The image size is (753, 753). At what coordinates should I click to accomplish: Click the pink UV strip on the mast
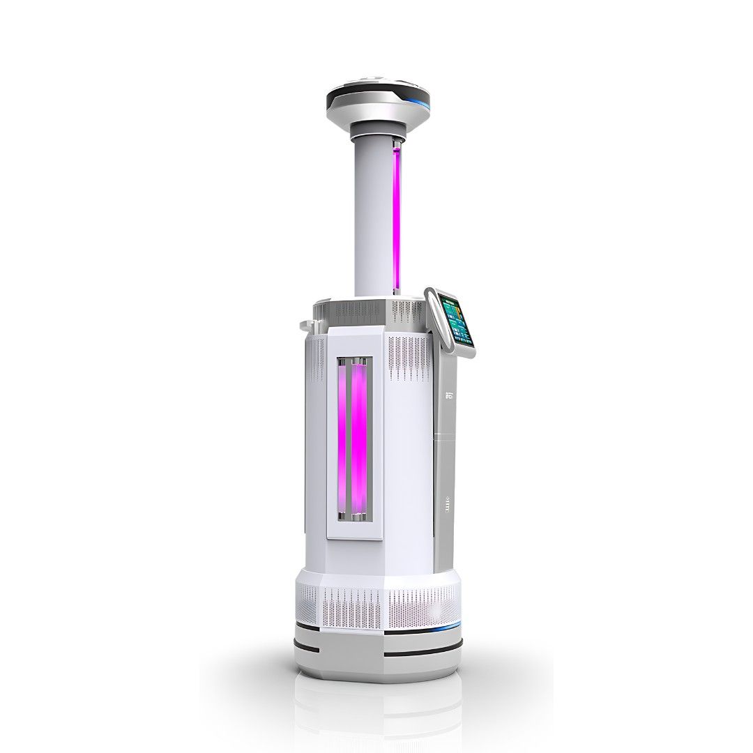396,216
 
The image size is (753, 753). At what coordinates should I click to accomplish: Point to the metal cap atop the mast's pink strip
396,143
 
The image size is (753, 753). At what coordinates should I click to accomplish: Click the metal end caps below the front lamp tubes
354,517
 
